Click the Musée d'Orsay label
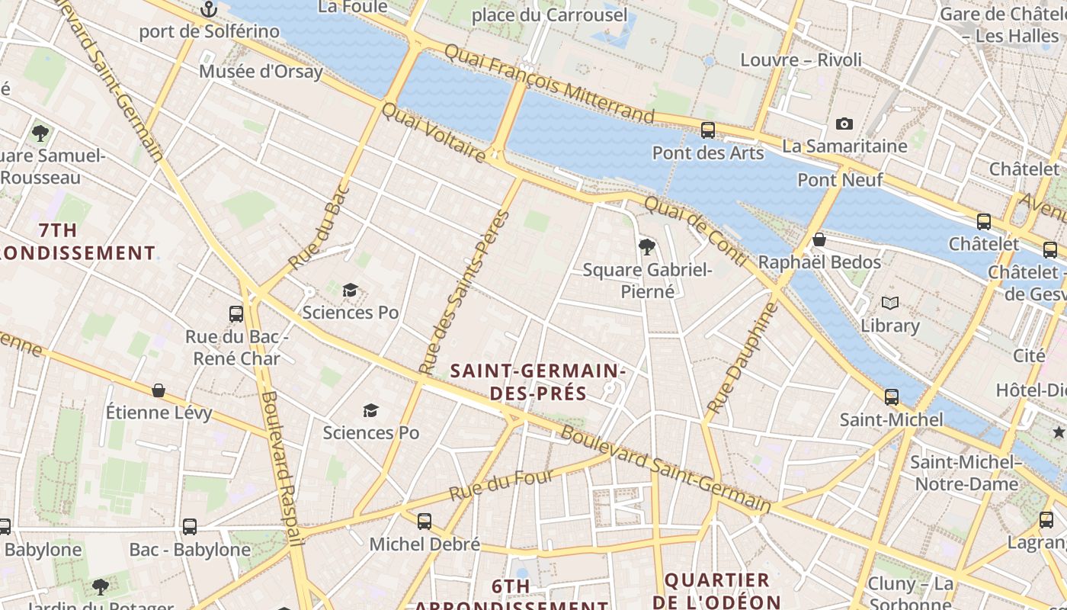261,72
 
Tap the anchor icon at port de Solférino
209,10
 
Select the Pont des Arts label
707,153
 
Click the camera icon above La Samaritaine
844,124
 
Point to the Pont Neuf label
840,180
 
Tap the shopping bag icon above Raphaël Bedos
819,240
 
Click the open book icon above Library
889,303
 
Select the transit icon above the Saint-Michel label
891,397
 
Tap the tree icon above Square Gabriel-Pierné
647,246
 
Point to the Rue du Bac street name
319,226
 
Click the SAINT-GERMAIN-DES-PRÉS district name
538,382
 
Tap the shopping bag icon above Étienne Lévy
159,390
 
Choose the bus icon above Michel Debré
425,522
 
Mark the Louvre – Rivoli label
801,59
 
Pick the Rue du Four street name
501,485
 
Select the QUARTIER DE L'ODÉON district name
716,590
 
